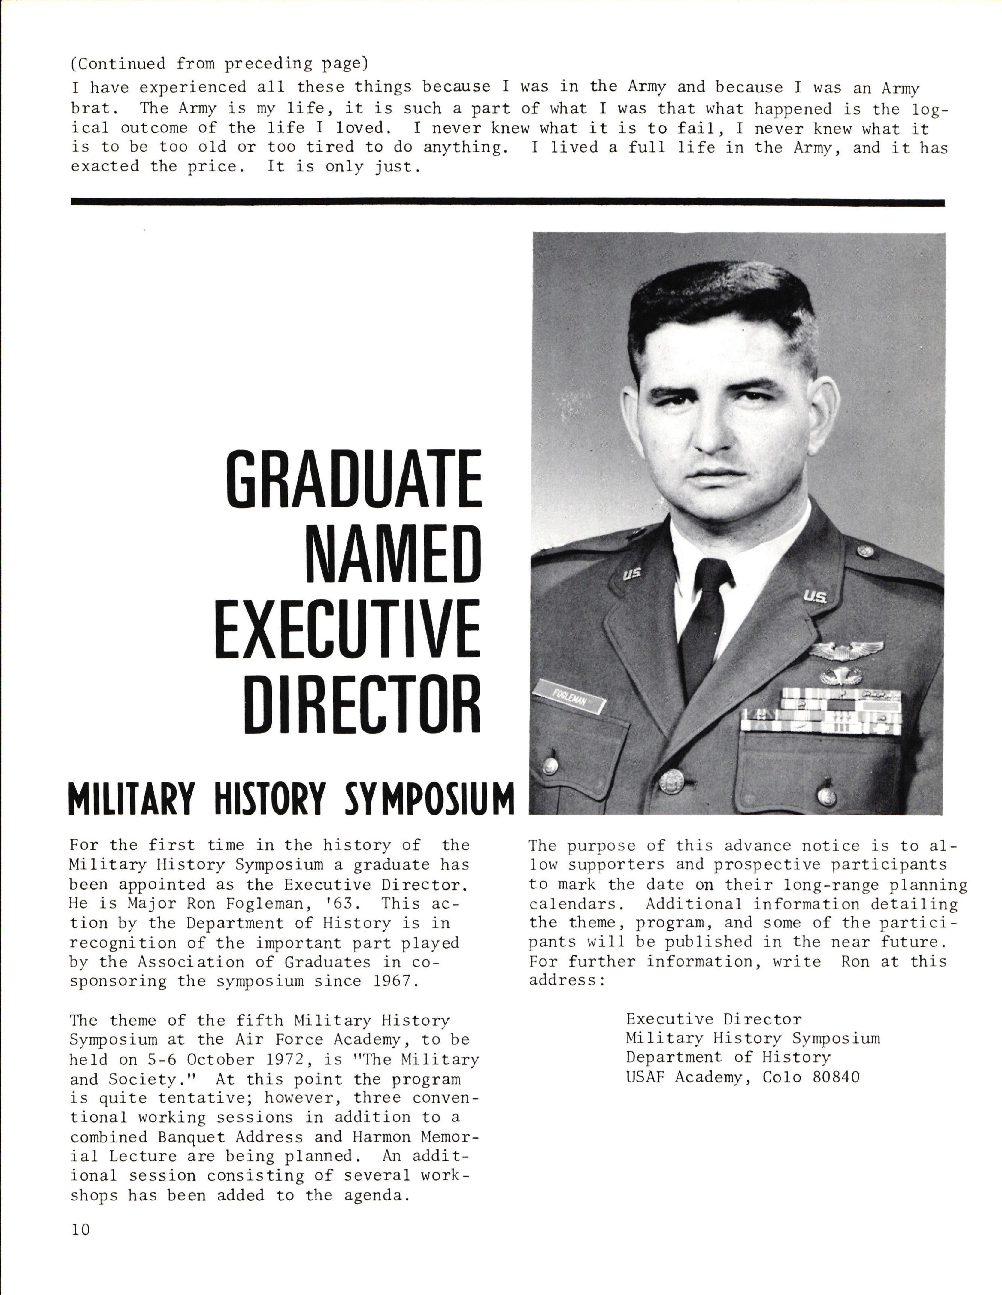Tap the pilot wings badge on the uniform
coord(846,650)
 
